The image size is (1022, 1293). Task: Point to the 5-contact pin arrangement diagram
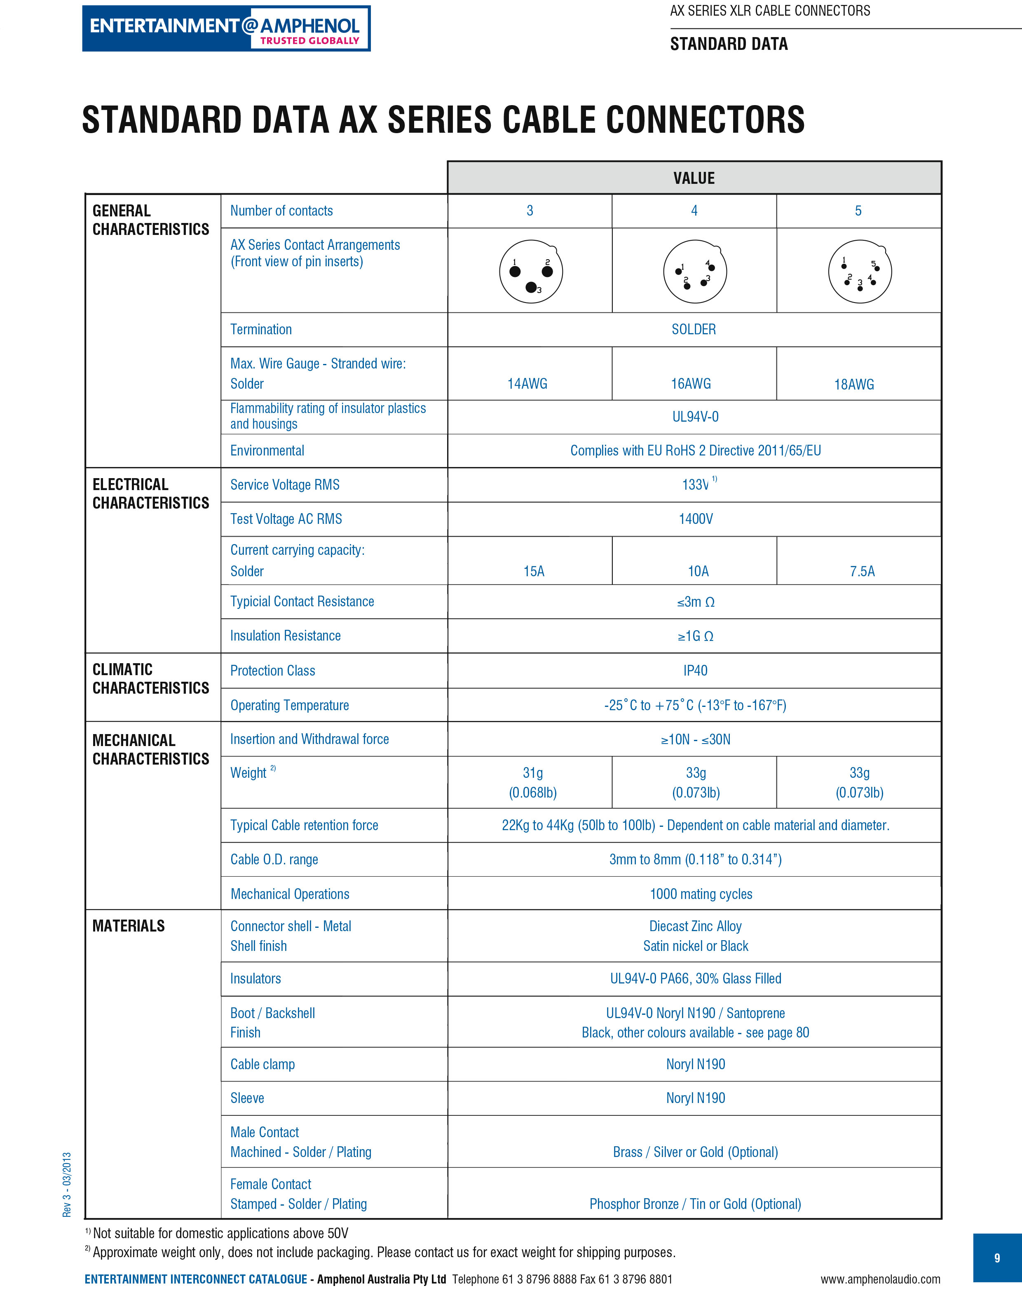pos(859,272)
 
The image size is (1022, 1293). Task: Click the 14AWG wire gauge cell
pos(527,384)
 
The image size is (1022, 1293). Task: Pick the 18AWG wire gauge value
pos(854,385)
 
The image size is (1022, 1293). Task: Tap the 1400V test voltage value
pos(695,519)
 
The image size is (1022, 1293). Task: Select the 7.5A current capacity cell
pos(862,571)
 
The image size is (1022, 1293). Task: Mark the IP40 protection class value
pos(695,671)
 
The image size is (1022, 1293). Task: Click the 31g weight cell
pos(532,783)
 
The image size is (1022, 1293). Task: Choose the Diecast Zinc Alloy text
pos(695,926)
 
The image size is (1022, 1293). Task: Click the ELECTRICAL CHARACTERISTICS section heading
pos(151,494)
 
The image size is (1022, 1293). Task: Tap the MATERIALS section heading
pos(129,926)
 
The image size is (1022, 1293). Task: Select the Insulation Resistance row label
pos(286,636)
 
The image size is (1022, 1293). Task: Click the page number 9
pos(997,1258)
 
